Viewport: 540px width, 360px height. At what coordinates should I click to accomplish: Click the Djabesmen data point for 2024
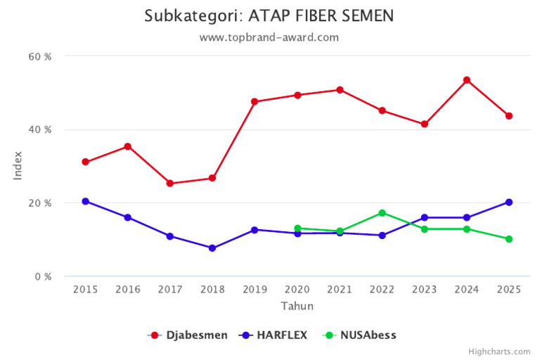(467, 80)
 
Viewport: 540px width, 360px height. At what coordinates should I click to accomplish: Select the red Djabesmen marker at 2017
(170, 184)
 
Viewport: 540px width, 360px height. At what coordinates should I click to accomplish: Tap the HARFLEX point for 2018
(212, 248)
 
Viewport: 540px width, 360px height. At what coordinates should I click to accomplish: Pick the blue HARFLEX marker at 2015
(86, 201)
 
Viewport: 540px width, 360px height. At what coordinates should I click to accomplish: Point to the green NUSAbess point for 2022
(382, 213)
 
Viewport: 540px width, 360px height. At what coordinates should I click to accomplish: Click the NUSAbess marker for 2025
(509, 239)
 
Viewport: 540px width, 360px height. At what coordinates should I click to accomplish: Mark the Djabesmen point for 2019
(255, 102)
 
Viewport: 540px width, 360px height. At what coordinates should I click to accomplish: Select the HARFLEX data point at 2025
(509, 202)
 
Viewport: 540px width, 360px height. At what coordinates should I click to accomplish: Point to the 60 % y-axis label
(39, 56)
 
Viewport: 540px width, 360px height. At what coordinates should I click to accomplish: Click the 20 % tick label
(39, 203)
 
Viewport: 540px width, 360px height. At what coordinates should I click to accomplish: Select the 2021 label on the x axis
(340, 290)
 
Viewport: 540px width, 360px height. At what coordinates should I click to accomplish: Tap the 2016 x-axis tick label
(128, 290)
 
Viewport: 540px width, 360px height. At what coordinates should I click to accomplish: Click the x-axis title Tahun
(297, 307)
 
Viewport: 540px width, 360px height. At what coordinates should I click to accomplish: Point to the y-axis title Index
(18, 165)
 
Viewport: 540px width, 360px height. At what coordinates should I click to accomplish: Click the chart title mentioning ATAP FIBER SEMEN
(270, 15)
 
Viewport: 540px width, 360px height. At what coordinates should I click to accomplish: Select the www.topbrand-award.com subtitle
(270, 37)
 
